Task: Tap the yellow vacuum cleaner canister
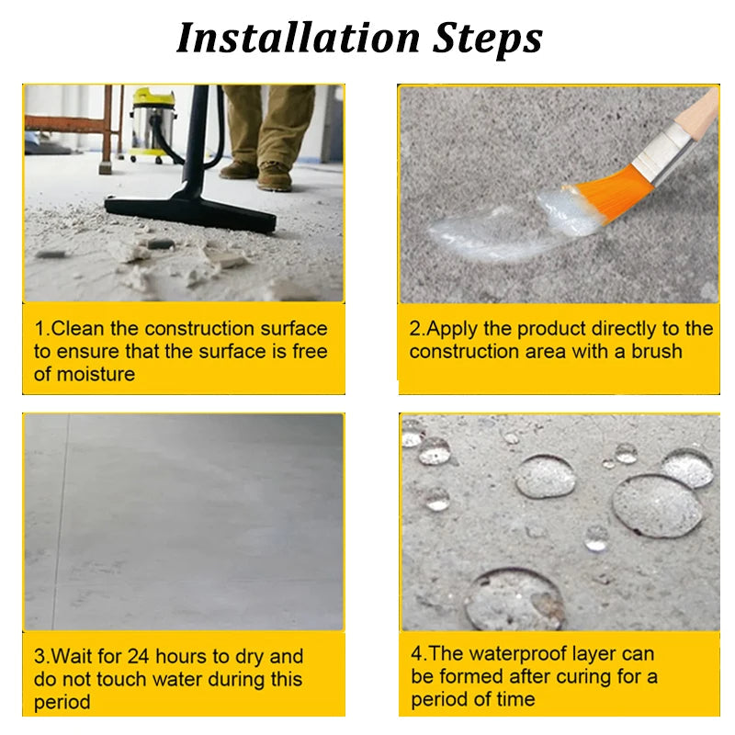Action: [153, 124]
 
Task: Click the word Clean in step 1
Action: [93, 329]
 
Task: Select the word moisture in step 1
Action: [97, 374]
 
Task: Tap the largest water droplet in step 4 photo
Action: [657, 505]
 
